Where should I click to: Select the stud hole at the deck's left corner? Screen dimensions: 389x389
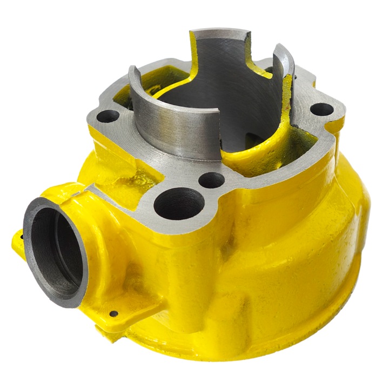109,115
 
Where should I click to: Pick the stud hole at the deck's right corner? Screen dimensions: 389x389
323,110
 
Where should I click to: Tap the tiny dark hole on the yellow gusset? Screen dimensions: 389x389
113,313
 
